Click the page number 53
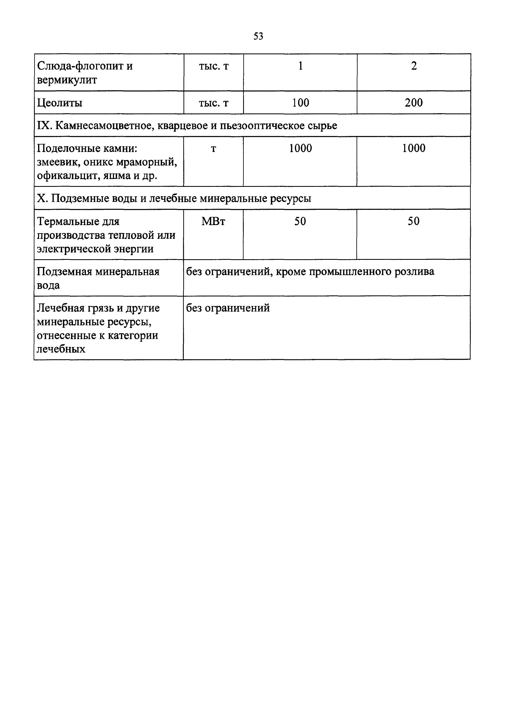pos(258,36)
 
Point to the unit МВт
pos(213,221)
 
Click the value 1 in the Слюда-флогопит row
pos(300,66)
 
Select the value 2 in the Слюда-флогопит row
pos(414,66)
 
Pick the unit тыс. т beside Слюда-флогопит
pos(214,66)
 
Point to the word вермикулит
pos(67,80)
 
